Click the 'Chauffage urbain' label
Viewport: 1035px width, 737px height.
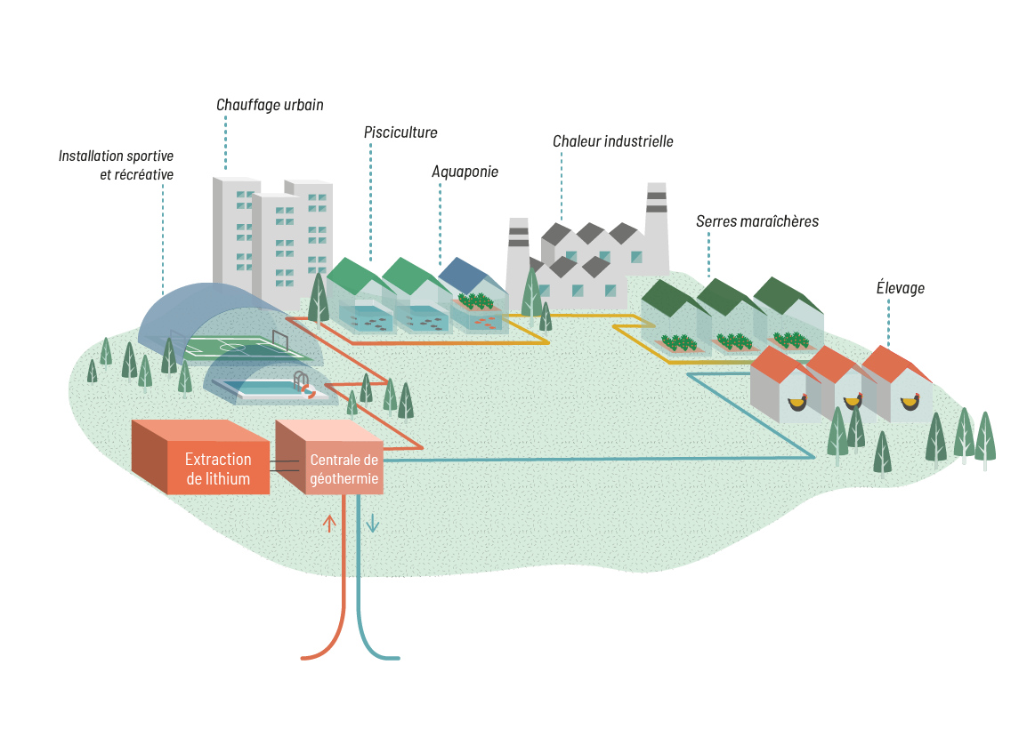pyautogui.click(x=270, y=105)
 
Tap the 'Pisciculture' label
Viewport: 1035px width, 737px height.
pyautogui.click(x=400, y=132)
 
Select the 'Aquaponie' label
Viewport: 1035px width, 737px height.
pyautogui.click(x=465, y=172)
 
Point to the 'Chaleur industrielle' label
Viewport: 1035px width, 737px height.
pyautogui.click(x=613, y=141)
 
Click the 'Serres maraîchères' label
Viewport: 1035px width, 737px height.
pyautogui.click(x=756, y=220)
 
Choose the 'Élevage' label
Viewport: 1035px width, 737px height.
pyautogui.click(x=901, y=287)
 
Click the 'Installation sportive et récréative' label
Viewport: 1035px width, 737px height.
pyautogui.click(x=117, y=165)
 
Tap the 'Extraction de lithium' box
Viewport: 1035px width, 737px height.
pyautogui.click(x=218, y=469)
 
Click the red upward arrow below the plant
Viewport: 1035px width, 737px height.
pyautogui.click(x=329, y=523)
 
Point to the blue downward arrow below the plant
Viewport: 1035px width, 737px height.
pyautogui.click(x=373, y=525)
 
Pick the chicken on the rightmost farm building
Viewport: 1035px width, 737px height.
pyautogui.click(x=910, y=403)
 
